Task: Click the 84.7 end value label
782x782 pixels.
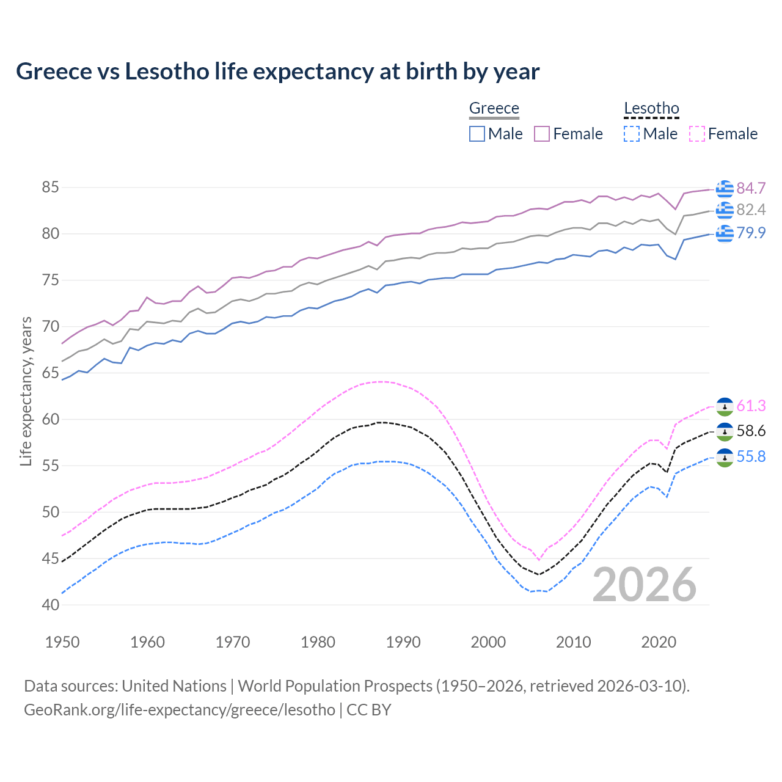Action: [x=751, y=188]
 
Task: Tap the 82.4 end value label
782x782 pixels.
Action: [x=751, y=210]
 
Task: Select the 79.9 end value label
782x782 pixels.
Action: [x=751, y=233]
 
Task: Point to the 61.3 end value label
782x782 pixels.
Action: [x=751, y=406]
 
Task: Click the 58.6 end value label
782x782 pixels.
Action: [x=751, y=431]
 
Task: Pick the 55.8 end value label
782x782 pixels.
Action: [x=751, y=457]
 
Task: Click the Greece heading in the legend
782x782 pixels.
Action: [x=494, y=109]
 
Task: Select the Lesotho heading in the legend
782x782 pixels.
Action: [x=651, y=109]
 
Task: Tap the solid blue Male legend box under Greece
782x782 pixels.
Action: [x=477, y=134]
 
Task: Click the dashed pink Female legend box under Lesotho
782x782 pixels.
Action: [x=697, y=134]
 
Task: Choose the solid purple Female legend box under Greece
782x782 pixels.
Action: [x=542, y=134]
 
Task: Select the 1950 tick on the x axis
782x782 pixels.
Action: [x=62, y=642]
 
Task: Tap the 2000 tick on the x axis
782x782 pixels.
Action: [x=488, y=642]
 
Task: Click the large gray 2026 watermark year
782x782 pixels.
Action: [x=644, y=585]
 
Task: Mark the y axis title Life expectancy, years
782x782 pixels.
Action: [x=26, y=392]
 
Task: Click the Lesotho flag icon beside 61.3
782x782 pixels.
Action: [x=725, y=406]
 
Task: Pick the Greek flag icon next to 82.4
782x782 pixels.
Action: [x=725, y=210]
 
